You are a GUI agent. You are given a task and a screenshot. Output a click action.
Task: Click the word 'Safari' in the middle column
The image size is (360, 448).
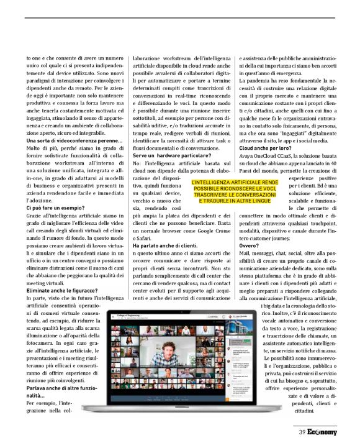142,237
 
